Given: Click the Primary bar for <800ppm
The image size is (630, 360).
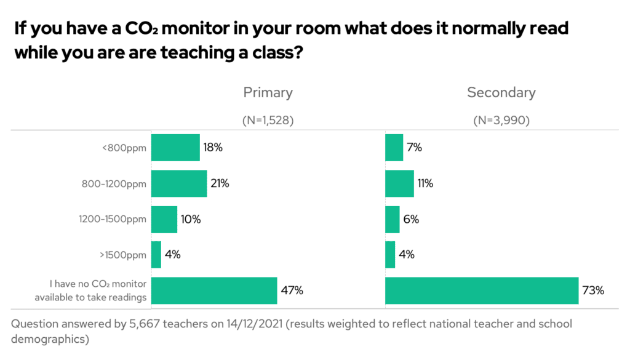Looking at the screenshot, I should pyautogui.click(x=175, y=148).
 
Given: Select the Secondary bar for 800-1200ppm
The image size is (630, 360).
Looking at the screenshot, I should pyautogui.click(x=399, y=183).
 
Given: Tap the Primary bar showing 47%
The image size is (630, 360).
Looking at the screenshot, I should pyautogui.click(x=214, y=290).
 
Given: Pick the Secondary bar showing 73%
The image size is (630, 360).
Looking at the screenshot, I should pyautogui.click(x=482, y=290).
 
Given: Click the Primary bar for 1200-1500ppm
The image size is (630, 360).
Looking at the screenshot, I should pyautogui.click(x=164, y=219).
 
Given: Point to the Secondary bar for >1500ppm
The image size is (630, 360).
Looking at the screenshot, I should pyautogui.click(x=390, y=255).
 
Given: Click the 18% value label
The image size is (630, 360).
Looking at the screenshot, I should pyautogui.click(x=213, y=148).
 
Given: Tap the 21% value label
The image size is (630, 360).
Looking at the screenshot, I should pyautogui.click(x=220, y=183).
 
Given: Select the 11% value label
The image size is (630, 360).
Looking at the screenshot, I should pyautogui.click(x=425, y=183).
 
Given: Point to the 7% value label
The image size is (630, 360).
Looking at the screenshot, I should pyautogui.click(x=413, y=148).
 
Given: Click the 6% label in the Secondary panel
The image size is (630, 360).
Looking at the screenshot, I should pyautogui.click(x=411, y=219).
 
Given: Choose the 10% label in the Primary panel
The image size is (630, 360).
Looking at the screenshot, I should pyautogui.click(x=191, y=219).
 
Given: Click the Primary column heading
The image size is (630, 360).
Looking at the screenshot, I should pyautogui.click(x=268, y=93).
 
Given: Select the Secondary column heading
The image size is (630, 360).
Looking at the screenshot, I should pyautogui.click(x=501, y=93).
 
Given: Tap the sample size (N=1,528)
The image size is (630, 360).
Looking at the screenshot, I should pyautogui.click(x=268, y=121).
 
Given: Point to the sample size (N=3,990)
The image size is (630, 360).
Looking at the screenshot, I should pyautogui.click(x=501, y=121).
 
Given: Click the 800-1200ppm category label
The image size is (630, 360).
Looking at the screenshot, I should pyautogui.click(x=114, y=183).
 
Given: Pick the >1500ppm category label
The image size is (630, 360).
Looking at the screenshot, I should pyautogui.click(x=126, y=255).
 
